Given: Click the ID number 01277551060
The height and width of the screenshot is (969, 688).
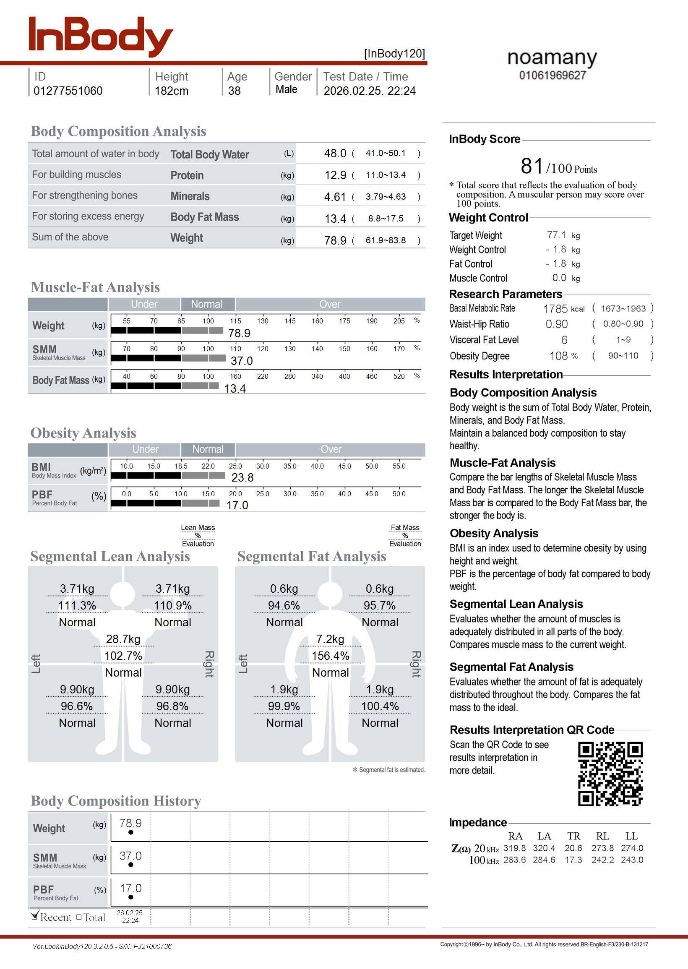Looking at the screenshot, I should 68,91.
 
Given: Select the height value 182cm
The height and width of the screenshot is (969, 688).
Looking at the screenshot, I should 171,91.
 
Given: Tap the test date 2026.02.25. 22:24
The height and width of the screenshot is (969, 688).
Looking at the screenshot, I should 370,91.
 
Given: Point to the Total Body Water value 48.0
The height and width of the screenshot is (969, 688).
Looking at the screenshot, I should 335,153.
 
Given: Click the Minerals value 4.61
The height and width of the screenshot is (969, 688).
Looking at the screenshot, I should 335,197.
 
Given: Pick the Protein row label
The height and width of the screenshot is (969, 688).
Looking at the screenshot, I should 187,175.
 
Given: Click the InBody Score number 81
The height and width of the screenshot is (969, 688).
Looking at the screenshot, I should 532,166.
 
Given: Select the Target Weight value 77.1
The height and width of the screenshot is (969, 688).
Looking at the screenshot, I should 556,235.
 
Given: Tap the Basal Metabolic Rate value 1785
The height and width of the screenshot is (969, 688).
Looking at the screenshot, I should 555,309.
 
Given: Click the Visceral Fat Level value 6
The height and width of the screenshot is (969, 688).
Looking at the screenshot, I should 564,340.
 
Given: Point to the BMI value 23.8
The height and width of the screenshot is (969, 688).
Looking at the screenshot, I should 242,478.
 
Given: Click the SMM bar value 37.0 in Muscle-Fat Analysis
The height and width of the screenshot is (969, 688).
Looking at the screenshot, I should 242,361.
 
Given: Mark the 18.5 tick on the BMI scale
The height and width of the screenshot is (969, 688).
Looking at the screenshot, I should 181,466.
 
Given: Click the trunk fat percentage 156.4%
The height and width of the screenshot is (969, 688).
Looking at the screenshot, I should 331,656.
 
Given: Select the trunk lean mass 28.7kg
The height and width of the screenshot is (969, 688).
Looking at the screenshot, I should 123,639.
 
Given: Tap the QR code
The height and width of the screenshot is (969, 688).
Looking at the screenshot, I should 610,774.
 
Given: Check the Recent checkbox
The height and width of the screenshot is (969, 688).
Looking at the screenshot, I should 35,917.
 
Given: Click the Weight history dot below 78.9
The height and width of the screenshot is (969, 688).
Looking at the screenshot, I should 130,832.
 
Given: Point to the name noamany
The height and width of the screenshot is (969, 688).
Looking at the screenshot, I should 552,57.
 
